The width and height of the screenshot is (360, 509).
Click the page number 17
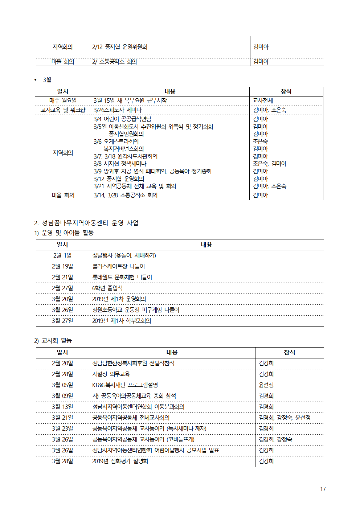323,489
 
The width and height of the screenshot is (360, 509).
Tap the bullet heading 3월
47,80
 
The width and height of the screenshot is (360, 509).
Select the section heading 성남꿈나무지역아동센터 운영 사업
90,223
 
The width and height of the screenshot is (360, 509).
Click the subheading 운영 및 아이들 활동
67,233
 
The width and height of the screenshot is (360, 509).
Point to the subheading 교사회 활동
57,340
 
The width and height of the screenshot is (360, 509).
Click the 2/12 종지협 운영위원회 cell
120,47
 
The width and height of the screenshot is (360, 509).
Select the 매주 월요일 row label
63,100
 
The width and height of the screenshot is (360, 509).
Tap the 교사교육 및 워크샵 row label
63,110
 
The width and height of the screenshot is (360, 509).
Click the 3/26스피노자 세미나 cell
118,110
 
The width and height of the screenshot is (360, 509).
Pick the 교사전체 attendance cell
263,100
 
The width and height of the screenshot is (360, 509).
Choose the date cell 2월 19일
62,266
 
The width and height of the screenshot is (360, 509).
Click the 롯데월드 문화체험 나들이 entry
122,277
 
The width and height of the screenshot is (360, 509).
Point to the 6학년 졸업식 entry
107,288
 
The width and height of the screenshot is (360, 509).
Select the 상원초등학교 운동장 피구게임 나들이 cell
136,310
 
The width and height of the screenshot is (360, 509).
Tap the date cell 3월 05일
62,385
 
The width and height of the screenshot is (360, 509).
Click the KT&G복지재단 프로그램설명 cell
125,385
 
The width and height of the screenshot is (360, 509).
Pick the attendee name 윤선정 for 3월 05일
266,385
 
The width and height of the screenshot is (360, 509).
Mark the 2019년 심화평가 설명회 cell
120,461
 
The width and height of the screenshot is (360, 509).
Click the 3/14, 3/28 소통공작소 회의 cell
126,195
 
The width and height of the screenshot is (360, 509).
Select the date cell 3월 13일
62,407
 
